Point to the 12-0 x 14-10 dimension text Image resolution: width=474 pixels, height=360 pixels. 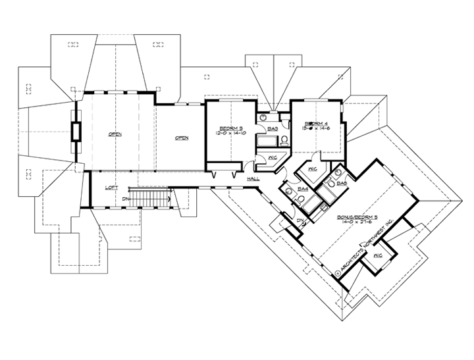229,132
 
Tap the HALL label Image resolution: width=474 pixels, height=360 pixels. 253,178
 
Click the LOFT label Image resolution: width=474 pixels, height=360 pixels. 111,188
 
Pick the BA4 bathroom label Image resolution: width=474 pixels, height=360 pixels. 303,190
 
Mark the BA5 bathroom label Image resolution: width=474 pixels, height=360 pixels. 341,184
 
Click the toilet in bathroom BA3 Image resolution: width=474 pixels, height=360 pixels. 283,140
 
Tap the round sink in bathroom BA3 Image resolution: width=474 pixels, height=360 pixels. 263,118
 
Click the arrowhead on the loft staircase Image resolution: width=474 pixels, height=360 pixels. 170,196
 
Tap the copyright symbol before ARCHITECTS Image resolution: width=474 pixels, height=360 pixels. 338,269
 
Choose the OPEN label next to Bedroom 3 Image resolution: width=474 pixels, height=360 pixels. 182,138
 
